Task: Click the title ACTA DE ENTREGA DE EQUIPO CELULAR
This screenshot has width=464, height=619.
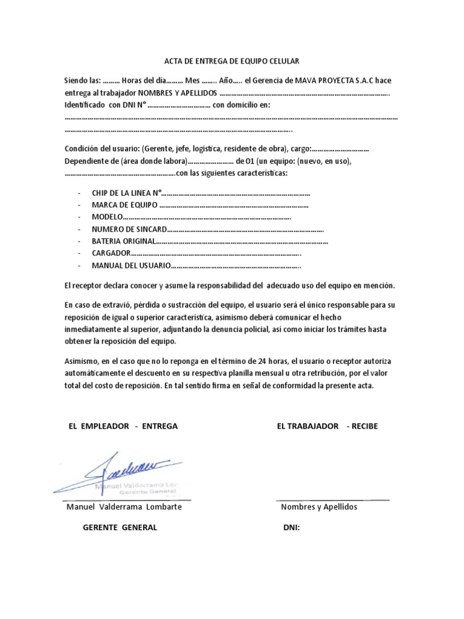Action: click(x=232, y=61)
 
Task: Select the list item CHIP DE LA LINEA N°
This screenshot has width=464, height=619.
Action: click(x=127, y=193)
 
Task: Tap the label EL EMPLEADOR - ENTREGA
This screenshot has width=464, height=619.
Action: click(x=124, y=426)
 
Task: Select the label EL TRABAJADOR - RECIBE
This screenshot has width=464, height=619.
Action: click(x=327, y=426)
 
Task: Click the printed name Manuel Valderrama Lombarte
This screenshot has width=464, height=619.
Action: click(x=123, y=507)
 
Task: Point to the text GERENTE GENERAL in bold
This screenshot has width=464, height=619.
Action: click(x=120, y=527)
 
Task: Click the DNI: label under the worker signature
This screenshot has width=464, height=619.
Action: click(x=292, y=527)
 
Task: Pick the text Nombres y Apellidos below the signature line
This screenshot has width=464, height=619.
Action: click(x=319, y=507)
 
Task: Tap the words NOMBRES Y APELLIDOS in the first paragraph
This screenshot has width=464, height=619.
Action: click(x=176, y=92)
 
